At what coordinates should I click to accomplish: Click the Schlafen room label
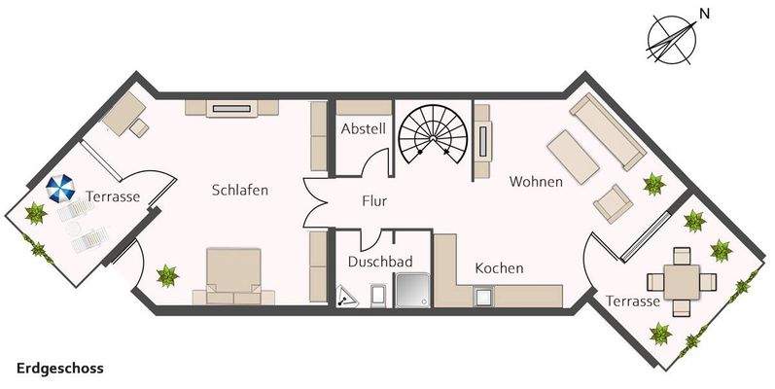[x=240, y=191]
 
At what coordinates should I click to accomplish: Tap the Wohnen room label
[x=536, y=181]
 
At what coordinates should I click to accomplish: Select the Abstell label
[x=364, y=128]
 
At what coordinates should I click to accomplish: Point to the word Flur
[x=375, y=203]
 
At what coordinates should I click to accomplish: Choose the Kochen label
[x=499, y=268]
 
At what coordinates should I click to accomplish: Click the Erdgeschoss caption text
[x=60, y=369]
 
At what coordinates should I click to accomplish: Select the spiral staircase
[x=432, y=132]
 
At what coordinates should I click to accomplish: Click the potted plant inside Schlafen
[x=167, y=277]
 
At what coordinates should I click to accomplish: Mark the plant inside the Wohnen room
[x=652, y=183]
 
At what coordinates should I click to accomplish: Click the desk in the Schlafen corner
[x=124, y=114]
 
